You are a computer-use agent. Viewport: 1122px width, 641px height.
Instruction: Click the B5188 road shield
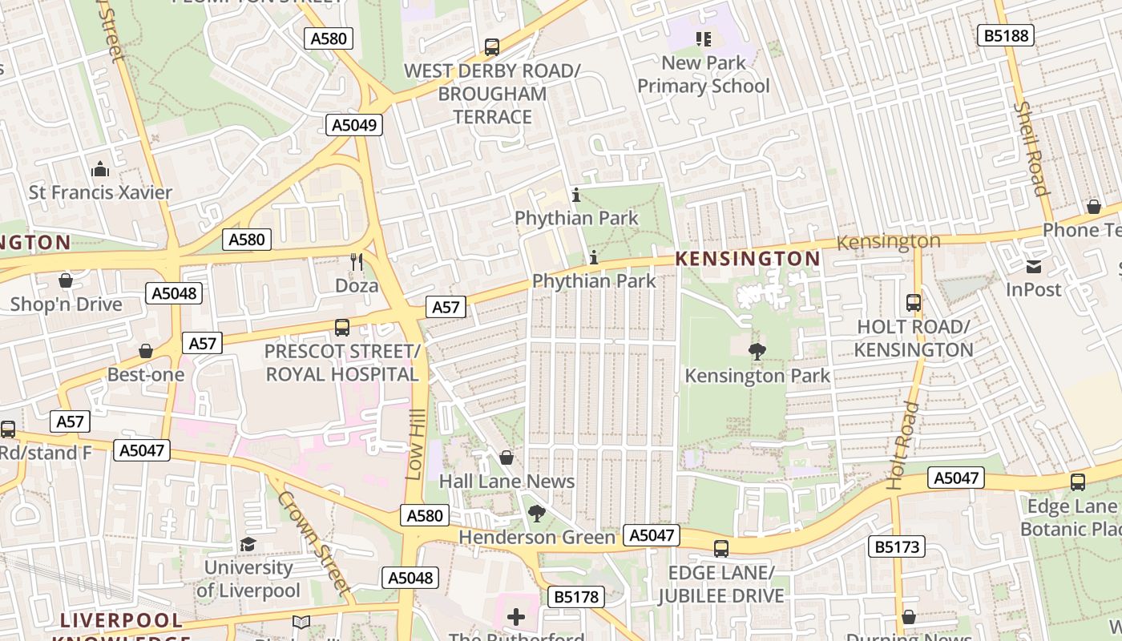click(x=1006, y=35)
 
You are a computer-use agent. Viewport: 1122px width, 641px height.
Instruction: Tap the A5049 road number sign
click(x=353, y=124)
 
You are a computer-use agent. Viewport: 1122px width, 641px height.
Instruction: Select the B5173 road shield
click(x=897, y=547)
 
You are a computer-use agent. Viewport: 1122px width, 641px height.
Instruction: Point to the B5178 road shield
click(x=575, y=597)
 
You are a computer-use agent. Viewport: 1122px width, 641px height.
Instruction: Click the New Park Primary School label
click(x=703, y=75)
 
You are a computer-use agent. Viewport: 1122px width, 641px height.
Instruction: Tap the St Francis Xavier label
click(x=100, y=192)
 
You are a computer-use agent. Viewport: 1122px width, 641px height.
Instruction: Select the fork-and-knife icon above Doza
click(x=357, y=261)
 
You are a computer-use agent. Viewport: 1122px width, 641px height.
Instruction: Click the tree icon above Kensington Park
click(x=756, y=351)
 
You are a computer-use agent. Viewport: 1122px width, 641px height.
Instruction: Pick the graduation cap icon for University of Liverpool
click(x=248, y=544)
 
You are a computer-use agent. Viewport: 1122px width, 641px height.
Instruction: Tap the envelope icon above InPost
click(x=1034, y=266)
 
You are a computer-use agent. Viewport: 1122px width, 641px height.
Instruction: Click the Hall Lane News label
click(x=507, y=482)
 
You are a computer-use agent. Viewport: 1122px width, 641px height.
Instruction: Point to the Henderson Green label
click(x=537, y=537)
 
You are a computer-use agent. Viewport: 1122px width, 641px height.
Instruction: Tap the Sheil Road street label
click(x=1031, y=148)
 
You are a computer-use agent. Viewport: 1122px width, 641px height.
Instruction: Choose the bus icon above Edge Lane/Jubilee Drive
click(x=720, y=549)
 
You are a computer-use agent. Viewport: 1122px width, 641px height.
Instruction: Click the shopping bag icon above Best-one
click(x=145, y=351)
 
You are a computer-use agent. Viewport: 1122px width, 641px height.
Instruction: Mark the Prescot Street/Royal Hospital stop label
click(x=342, y=363)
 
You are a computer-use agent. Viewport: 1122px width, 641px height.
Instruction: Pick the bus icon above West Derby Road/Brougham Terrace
click(x=491, y=47)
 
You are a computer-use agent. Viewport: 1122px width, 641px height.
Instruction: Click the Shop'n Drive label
click(x=66, y=304)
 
